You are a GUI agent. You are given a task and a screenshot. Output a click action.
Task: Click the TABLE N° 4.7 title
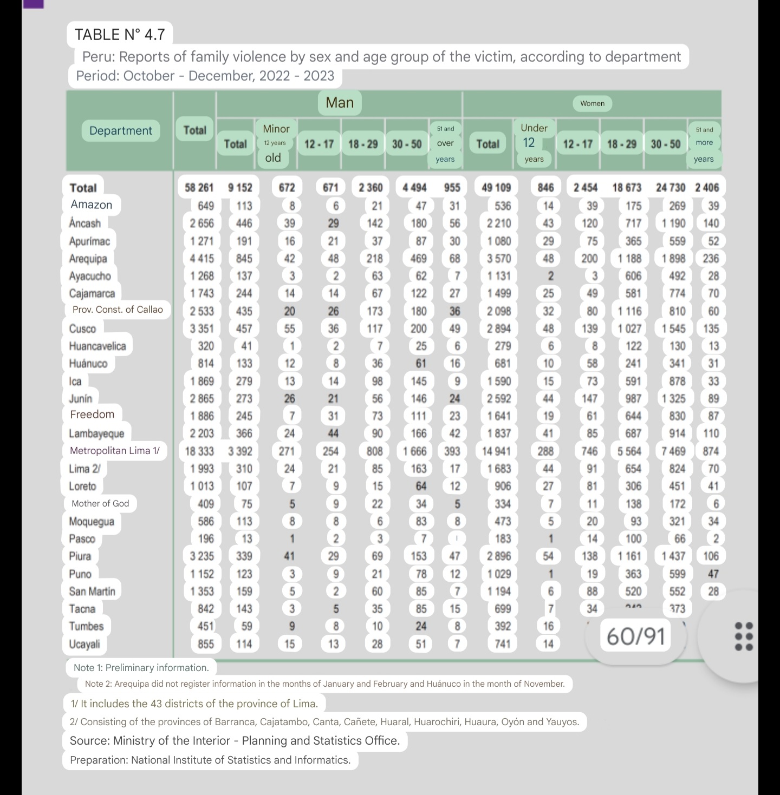click(x=120, y=35)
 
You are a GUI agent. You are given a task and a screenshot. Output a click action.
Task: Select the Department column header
click(x=121, y=130)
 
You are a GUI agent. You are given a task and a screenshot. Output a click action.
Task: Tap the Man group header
click(x=340, y=102)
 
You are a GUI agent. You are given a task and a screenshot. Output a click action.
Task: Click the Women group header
click(x=592, y=103)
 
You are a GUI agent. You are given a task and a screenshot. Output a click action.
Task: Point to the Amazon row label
click(x=92, y=205)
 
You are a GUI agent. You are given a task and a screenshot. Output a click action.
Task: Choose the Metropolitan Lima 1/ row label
click(x=115, y=450)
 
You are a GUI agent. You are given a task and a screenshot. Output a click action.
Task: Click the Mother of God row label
click(x=100, y=503)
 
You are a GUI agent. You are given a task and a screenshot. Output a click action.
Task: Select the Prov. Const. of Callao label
click(x=118, y=310)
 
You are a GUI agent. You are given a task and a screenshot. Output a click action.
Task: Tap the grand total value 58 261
click(x=199, y=188)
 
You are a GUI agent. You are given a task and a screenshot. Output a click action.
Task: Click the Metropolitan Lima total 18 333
click(x=199, y=451)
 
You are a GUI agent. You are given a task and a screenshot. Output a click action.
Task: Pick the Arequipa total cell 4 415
click(x=201, y=258)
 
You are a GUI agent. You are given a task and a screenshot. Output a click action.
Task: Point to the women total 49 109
click(x=496, y=188)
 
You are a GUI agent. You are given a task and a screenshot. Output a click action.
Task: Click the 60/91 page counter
click(x=636, y=636)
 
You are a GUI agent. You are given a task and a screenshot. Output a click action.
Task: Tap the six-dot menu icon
click(x=744, y=636)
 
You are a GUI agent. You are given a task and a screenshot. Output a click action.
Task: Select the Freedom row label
click(x=92, y=415)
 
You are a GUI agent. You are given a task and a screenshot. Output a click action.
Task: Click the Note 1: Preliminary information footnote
click(x=141, y=668)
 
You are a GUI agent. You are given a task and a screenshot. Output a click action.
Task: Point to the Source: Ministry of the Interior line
click(x=235, y=740)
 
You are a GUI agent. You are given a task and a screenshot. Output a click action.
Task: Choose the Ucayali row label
click(x=84, y=644)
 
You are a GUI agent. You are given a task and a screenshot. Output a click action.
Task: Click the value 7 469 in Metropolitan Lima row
click(x=674, y=451)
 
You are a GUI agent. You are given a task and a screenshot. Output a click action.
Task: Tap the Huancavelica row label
click(x=97, y=346)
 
